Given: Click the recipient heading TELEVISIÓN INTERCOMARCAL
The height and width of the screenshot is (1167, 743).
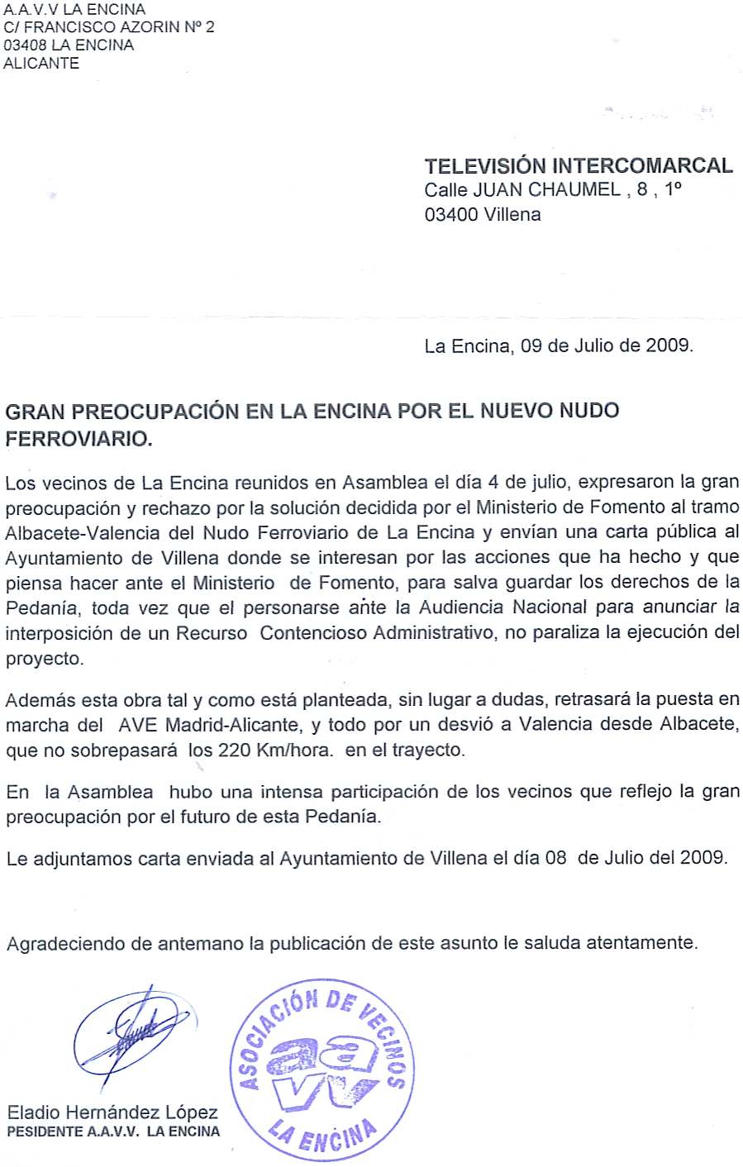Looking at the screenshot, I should (x=579, y=165).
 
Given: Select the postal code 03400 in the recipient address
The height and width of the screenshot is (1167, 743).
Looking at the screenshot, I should (x=451, y=215).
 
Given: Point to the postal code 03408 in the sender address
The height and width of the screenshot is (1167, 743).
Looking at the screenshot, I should (x=25, y=45).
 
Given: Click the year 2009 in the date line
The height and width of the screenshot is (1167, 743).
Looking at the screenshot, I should (x=667, y=345).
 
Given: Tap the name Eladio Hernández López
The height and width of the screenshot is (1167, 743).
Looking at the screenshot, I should (x=112, y=1112).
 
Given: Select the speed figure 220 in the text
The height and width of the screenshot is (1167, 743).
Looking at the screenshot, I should (x=234, y=750).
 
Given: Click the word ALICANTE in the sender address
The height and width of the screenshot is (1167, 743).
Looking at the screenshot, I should (x=41, y=64).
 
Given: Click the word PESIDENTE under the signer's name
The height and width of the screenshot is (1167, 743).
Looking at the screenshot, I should (x=43, y=1131).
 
